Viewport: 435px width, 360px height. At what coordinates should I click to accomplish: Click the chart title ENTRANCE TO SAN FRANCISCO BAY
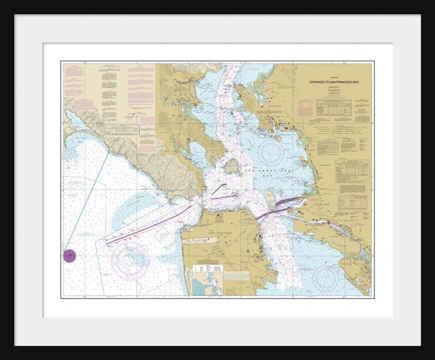click(x=334, y=82)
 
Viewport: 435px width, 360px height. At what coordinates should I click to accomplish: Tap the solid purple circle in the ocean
click(x=69, y=256)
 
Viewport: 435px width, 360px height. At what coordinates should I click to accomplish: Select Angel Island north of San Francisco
click(x=232, y=166)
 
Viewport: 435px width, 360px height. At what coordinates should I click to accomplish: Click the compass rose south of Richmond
click(x=270, y=153)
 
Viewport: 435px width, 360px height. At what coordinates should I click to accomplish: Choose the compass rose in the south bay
click(x=325, y=278)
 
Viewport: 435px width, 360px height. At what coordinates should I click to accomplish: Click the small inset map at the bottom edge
click(x=207, y=280)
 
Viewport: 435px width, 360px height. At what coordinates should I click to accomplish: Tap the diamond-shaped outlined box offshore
click(x=162, y=234)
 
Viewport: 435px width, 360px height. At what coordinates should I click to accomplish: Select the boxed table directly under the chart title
click(x=333, y=108)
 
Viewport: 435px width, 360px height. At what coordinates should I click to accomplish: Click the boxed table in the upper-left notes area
click(x=122, y=129)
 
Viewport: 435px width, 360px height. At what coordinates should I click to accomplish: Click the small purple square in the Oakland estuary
click(x=328, y=222)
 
